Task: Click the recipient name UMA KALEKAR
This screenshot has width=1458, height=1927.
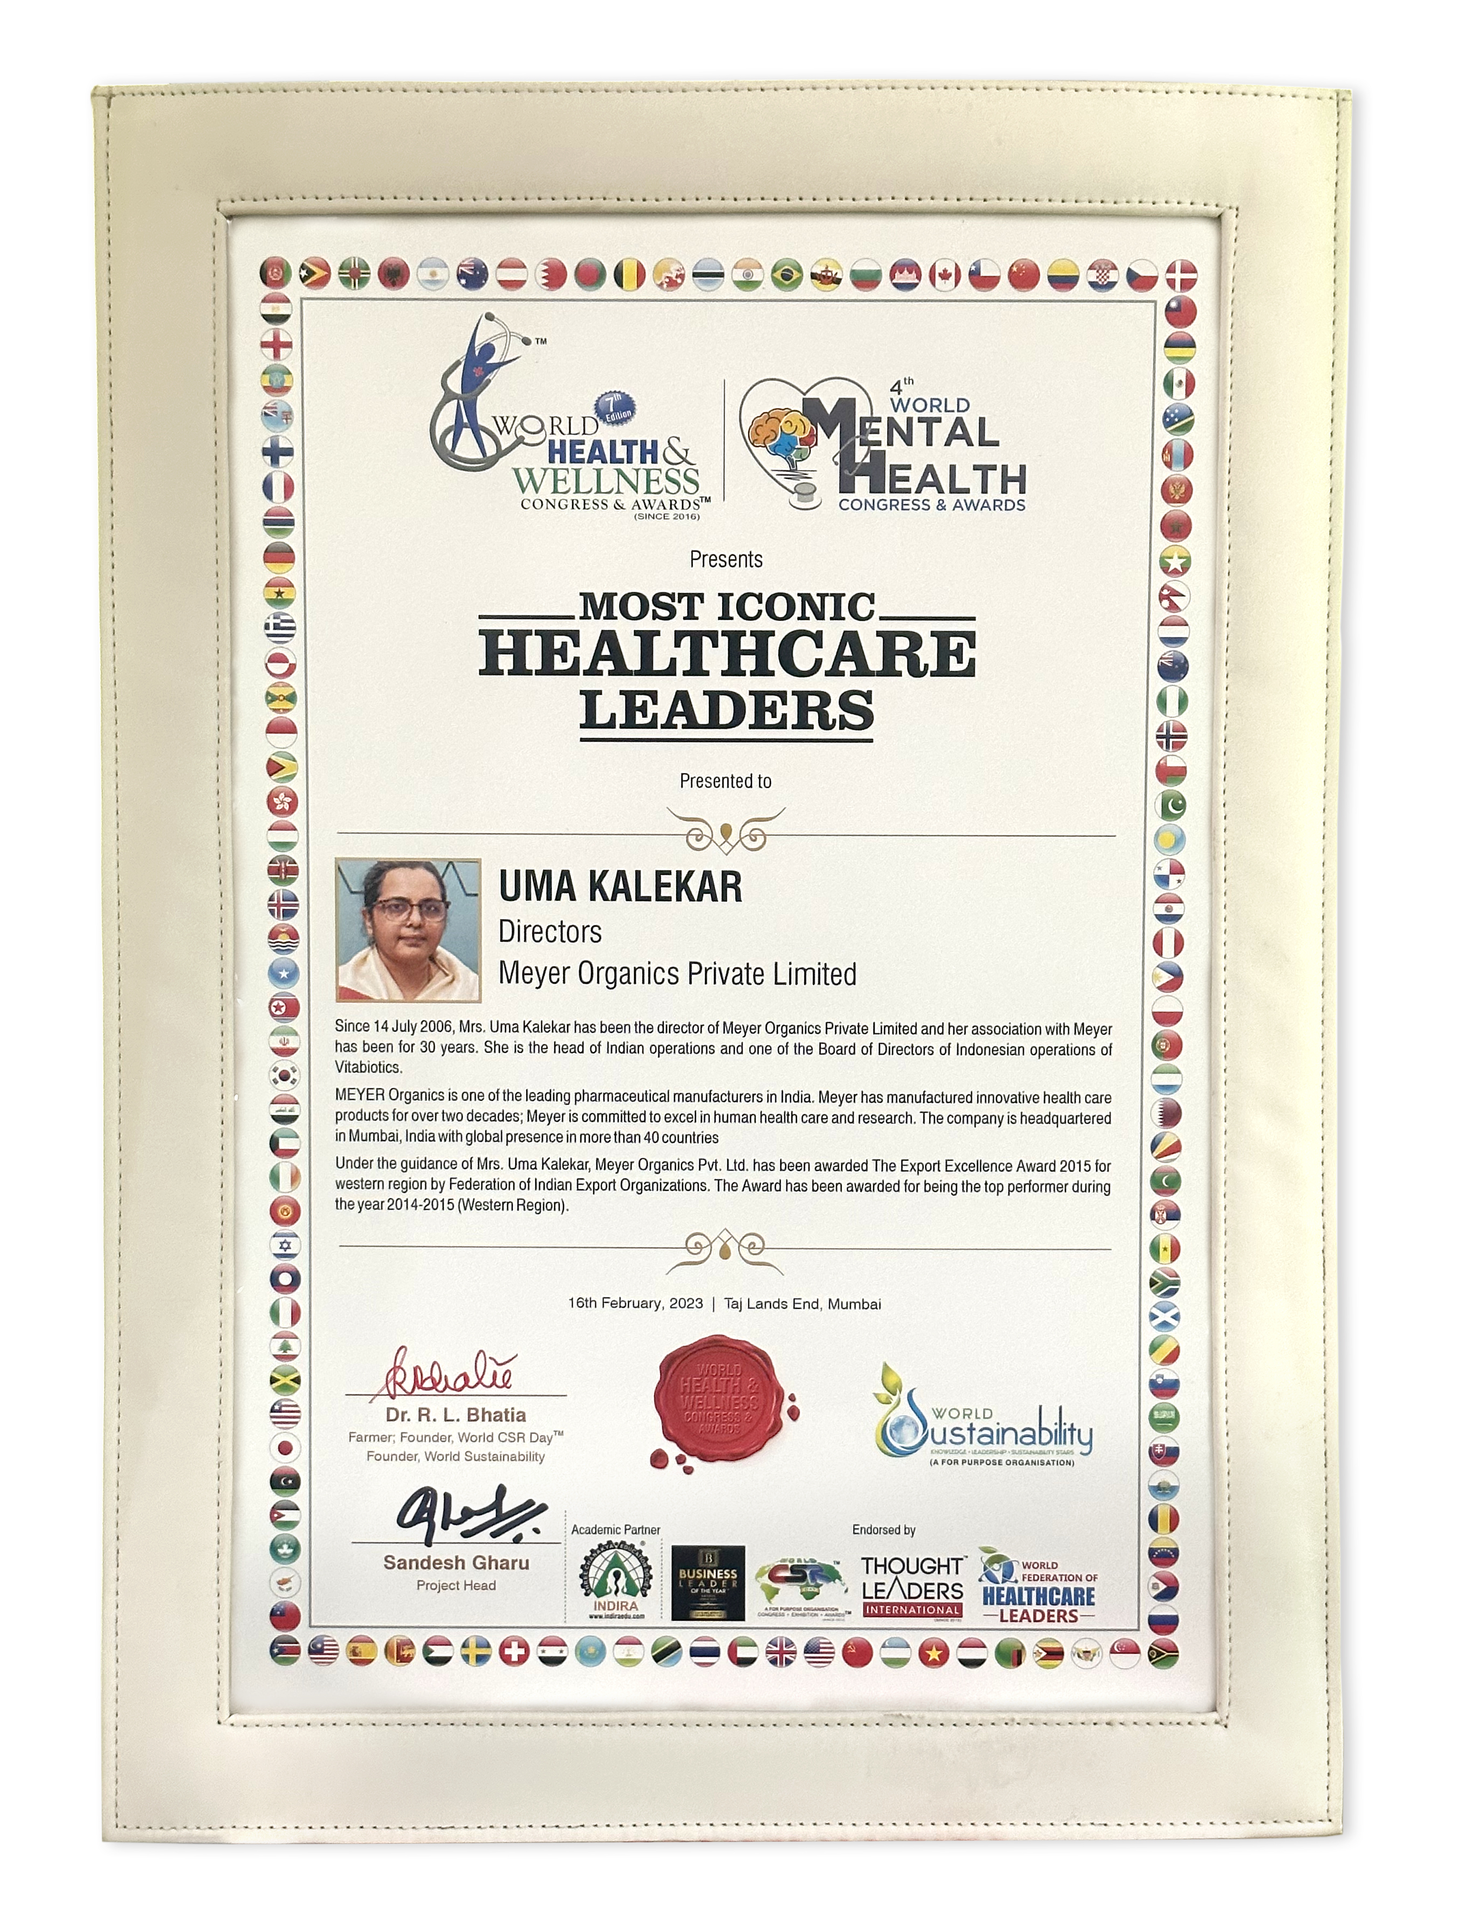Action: click(x=620, y=887)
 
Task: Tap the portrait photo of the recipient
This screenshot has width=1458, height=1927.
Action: click(x=408, y=930)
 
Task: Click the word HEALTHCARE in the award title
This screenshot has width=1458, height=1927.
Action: click(x=727, y=655)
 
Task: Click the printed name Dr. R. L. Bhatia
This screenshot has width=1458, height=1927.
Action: click(x=456, y=1415)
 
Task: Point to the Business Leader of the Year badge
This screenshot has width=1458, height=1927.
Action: click(x=707, y=1583)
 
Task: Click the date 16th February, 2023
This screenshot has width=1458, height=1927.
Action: click(x=635, y=1303)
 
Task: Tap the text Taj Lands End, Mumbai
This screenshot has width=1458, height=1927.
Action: click(x=802, y=1304)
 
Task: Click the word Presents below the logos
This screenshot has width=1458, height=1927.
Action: click(x=726, y=559)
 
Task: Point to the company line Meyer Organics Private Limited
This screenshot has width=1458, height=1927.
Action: click(x=677, y=974)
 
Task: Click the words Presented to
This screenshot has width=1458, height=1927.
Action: click(x=726, y=781)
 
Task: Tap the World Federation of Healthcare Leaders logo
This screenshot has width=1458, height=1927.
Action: click(x=1037, y=1590)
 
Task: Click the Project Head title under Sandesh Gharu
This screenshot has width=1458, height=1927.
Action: click(x=456, y=1586)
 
